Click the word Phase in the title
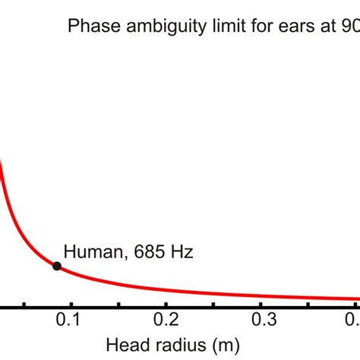click(89, 27)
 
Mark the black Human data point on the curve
click(57, 265)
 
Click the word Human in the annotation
click(89, 251)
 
